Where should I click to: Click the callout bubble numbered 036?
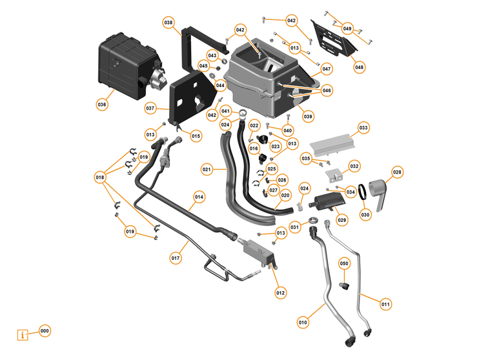click(x=101, y=104)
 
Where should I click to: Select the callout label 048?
click(x=359, y=66)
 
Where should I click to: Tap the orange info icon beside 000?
click(x=24, y=335)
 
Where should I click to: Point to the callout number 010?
click(x=303, y=321)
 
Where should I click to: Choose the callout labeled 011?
click(x=385, y=304)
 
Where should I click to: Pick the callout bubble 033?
click(x=363, y=128)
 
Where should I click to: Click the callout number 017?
click(x=175, y=258)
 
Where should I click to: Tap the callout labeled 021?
click(x=207, y=170)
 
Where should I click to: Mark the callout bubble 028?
click(x=397, y=172)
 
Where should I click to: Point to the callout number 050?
click(x=344, y=264)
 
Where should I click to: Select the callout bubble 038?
click(x=168, y=23)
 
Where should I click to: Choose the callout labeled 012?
click(x=280, y=293)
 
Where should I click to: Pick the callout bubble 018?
click(x=100, y=177)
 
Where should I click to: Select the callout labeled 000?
click(x=44, y=330)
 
